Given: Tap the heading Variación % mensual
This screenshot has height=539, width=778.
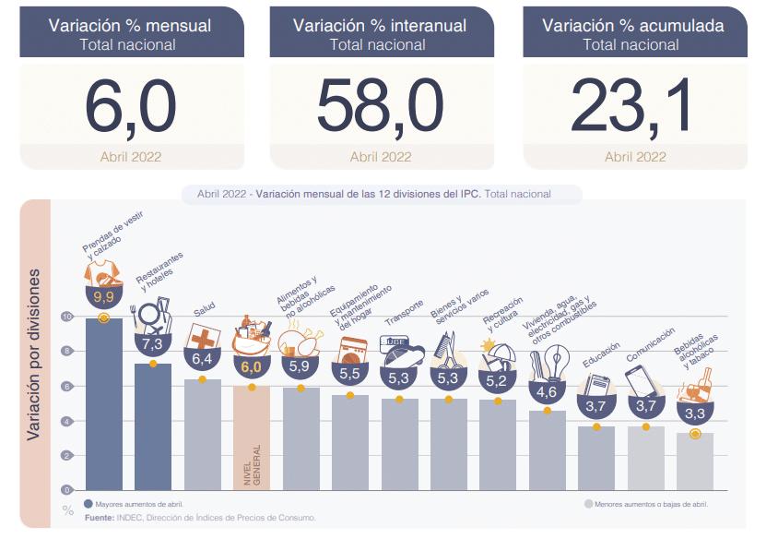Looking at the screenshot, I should pos(130,26).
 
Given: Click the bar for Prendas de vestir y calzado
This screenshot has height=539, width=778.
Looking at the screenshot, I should pos(103,406).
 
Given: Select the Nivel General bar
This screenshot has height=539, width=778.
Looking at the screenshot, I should pos(252,438).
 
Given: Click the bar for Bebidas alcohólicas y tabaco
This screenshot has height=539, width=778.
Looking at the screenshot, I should pos(694,461).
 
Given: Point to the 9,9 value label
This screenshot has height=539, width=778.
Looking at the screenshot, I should pos(103,296).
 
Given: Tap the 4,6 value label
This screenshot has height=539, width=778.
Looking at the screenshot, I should pos(547,391).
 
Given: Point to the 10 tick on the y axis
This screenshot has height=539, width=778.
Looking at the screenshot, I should pos(66,316).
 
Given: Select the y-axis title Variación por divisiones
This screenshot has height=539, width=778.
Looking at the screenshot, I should pos(33,354).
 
